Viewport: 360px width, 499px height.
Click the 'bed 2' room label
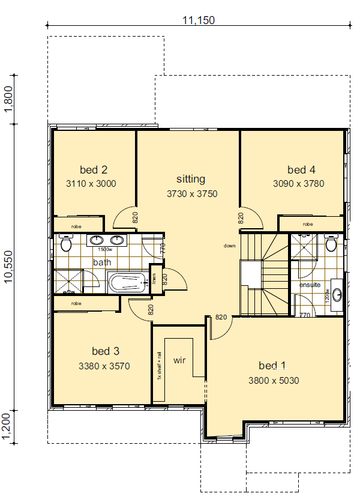[x=93, y=169]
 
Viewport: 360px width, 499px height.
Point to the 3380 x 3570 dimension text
[x=104, y=365]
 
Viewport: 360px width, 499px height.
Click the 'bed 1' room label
[x=272, y=365]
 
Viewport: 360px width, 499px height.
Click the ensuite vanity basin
[x=337, y=294]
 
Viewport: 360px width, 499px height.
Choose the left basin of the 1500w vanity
[x=96, y=241]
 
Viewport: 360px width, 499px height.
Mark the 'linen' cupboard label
[x=155, y=279]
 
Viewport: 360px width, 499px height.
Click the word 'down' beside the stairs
[x=230, y=246]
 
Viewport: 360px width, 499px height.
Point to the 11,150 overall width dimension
[x=199, y=20]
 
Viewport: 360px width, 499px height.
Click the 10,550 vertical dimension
[x=8, y=267]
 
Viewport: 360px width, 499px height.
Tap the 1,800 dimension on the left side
[x=8, y=98]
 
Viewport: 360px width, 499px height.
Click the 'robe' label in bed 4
[x=307, y=224]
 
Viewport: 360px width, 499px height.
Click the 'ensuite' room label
[x=310, y=284]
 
